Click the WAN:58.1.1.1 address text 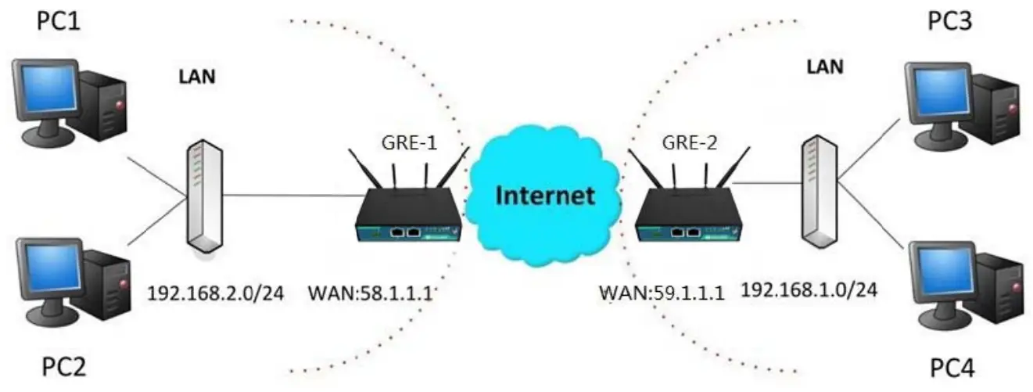click(371, 293)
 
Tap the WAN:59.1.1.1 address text click(662, 293)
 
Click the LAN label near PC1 click(199, 77)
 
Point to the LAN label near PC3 click(825, 67)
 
